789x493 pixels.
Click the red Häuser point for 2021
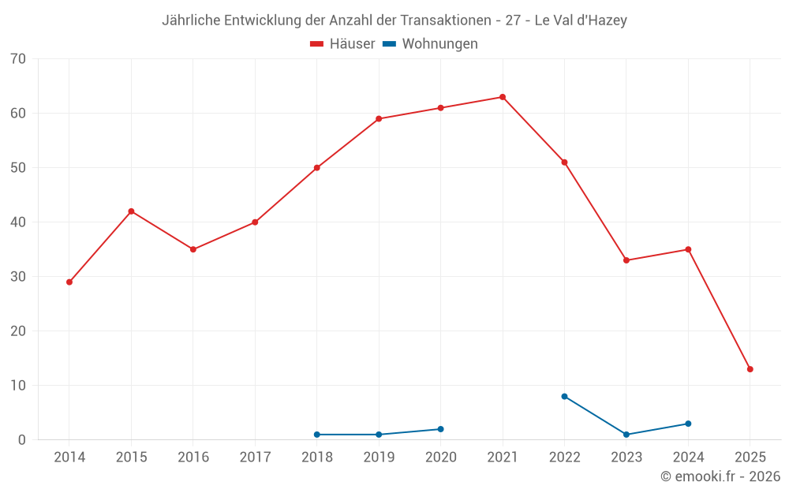coord(503,97)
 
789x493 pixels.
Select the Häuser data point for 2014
coord(69,282)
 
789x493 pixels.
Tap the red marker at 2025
coord(750,369)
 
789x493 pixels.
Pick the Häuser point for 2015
coord(131,211)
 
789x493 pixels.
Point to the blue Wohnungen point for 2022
coord(564,396)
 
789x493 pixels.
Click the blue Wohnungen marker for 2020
coord(440,429)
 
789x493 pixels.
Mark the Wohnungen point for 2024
coord(688,424)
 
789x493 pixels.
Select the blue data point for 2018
coord(317,435)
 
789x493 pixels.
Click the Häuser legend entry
coord(342,44)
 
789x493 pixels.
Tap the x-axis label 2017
coord(255,457)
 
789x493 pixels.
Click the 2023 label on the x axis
coord(626,457)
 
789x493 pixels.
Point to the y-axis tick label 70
coord(18,58)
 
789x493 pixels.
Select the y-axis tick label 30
coord(18,277)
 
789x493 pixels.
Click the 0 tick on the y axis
coord(22,440)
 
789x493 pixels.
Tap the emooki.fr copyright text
coord(720,476)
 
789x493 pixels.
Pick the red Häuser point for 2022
coord(564,162)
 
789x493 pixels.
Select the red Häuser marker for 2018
coord(317,168)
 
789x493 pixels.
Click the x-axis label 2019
coord(379,457)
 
